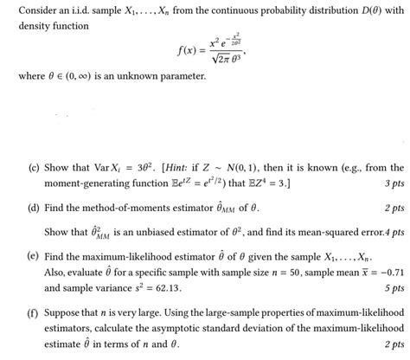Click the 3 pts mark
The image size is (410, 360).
pos(391,183)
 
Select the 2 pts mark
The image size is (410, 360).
pos(391,209)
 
